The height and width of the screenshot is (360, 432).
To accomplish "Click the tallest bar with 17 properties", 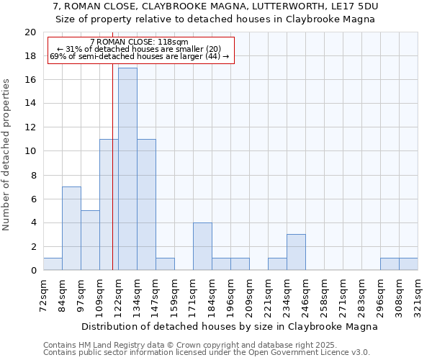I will pos(127,169).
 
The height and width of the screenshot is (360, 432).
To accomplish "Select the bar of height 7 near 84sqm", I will pos(71,228).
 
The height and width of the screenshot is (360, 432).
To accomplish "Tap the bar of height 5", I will pos(90,240).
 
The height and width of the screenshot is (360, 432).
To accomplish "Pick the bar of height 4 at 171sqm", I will pos(202,246).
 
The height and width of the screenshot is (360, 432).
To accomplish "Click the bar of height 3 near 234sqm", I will pos(296,252).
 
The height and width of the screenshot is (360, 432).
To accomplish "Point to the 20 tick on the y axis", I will pos(30,32).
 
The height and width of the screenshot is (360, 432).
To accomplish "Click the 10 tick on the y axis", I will pos(30,151).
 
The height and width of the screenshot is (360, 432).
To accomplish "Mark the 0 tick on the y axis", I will pos(33,271).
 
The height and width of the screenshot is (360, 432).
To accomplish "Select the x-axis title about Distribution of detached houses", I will pos(230,326).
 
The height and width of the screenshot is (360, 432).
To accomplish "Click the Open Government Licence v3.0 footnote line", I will pos(207,353).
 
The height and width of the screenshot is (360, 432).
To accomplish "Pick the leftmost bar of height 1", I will pos(53,264).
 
